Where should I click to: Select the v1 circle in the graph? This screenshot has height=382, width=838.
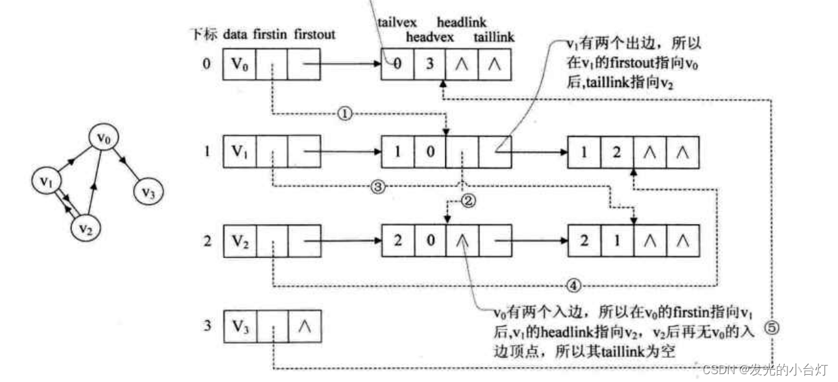coord(46,182)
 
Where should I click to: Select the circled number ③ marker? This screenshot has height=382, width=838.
coord(377,187)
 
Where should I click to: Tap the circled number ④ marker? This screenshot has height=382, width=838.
coord(574,285)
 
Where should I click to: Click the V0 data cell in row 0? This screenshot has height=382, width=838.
coord(240,65)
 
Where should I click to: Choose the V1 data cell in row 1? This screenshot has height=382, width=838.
coord(240,152)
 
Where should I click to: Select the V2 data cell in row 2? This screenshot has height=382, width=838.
coord(240,240)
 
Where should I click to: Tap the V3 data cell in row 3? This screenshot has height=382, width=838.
coord(240,326)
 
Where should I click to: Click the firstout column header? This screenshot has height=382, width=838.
coord(315,34)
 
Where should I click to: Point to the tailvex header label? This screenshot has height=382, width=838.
coord(397,22)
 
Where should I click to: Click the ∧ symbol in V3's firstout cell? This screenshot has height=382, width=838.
coord(304,326)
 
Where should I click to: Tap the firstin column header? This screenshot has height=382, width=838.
coord(270,34)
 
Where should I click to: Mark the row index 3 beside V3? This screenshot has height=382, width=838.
coord(207,326)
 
